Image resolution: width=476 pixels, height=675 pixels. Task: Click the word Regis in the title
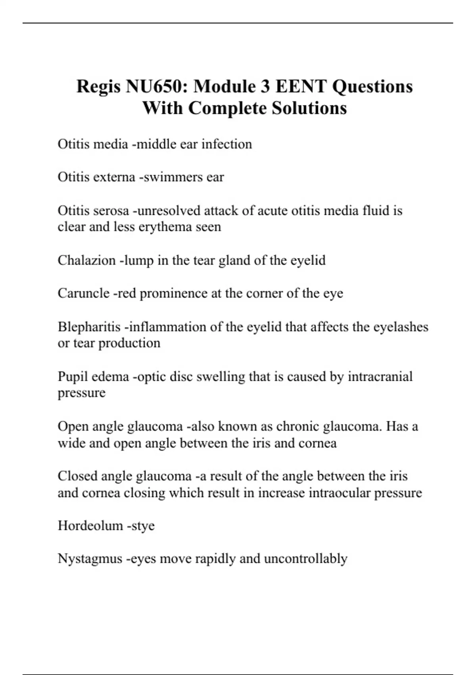98,87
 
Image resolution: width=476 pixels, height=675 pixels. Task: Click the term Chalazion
87,260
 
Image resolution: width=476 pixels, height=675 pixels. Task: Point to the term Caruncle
84,293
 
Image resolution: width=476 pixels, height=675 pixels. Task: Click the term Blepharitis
89,327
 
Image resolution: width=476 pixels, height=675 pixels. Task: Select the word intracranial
380,376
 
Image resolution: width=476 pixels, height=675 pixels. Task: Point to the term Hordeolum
90,526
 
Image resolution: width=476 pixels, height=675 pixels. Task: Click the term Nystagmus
90,559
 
